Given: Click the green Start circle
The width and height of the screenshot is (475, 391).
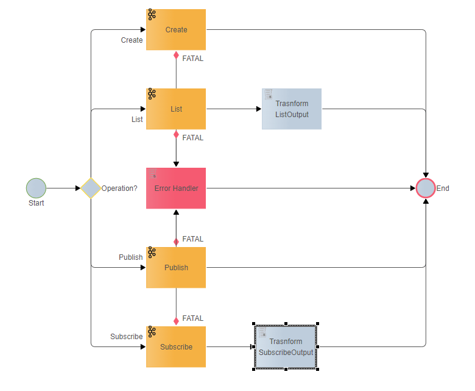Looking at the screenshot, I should pyautogui.click(x=36, y=188).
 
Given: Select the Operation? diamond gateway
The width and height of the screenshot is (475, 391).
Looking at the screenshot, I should pyautogui.click(x=91, y=188).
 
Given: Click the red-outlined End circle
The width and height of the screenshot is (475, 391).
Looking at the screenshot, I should pyautogui.click(x=426, y=188).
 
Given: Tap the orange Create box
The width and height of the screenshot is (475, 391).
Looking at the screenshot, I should pyautogui.click(x=176, y=30).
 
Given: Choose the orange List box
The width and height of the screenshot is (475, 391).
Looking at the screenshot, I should pyautogui.click(x=176, y=109).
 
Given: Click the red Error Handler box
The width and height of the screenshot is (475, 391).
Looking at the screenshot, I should pyautogui.click(x=176, y=188).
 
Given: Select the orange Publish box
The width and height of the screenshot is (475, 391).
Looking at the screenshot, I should pyautogui.click(x=176, y=268).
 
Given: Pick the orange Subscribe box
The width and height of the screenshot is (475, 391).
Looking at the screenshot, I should pyautogui.click(x=176, y=347).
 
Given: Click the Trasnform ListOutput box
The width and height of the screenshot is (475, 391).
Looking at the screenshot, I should pyautogui.click(x=292, y=109).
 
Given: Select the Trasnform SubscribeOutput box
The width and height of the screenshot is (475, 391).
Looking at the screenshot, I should pyautogui.click(x=286, y=347).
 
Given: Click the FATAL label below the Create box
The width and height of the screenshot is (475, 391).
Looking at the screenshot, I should pyautogui.click(x=192, y=59).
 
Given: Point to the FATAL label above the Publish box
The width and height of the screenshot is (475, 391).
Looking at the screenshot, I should pyautogui.click(x=192, y=239).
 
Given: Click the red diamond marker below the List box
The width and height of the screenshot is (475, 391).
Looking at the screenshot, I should pyautogui.click(x=176, y=134).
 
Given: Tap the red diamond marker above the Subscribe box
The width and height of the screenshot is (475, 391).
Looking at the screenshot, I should pyautogui.click(x=176, y=321).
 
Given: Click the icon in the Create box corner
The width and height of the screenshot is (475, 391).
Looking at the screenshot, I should pyautogui.click(x=152, y=15).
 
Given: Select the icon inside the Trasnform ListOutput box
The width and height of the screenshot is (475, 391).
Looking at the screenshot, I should pyautogui.click(x=268, y=94).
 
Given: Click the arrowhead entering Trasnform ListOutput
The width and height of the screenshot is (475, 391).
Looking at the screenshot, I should pyautogui.click(x=259, y=109).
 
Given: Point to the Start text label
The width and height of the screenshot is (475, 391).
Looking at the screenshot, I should pyautogui.click(x=36, y=203).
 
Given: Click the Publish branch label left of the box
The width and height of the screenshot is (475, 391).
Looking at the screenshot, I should pyautogui.click(x=130, y=257).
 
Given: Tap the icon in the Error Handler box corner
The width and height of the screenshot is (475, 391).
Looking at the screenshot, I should pyautogui.click(x=153, y=174).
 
